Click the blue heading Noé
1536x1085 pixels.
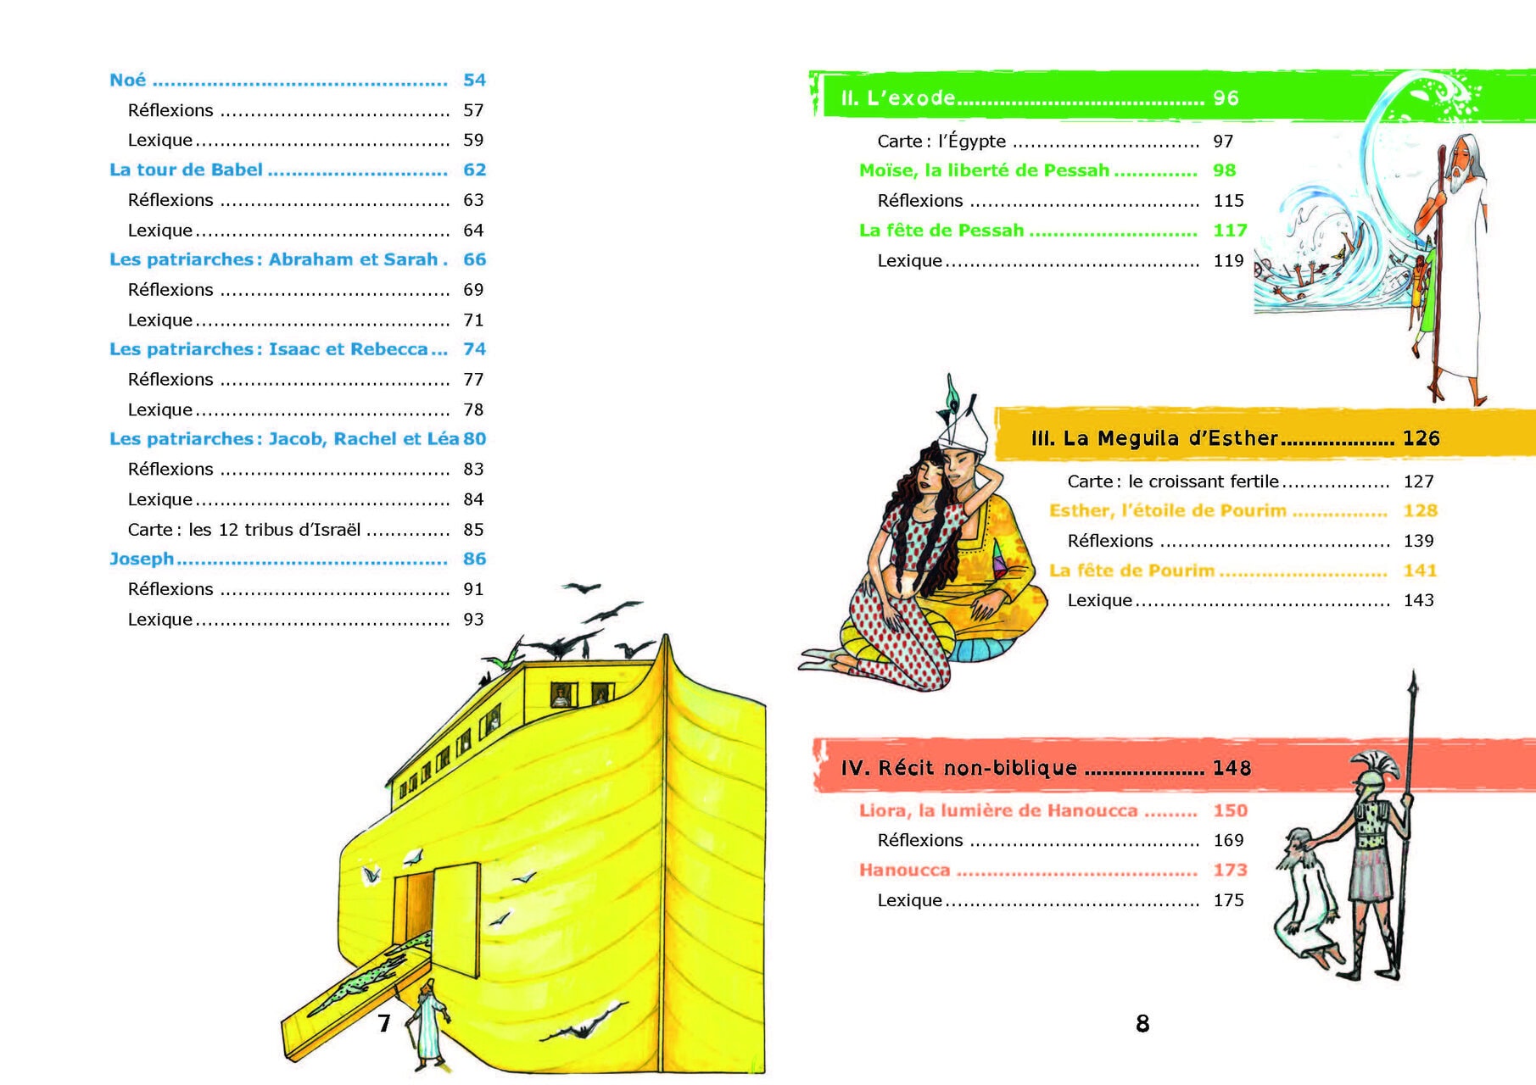(127, 80)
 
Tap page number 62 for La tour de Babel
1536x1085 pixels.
(474, 170)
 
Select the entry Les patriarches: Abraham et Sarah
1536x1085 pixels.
(274, 259)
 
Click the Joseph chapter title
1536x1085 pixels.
(142, 559)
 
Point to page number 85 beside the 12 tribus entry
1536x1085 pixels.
(473, 530)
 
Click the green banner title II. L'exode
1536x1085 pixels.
(897, 98)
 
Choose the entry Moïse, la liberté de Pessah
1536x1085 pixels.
(984, 170)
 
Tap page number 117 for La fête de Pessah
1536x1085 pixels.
(1230, 231)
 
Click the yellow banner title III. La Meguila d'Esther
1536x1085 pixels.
(1154, 438)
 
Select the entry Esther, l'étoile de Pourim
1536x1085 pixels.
(1168, 510)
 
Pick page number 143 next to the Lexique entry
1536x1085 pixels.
(1418, 600)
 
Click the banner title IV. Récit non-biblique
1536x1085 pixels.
(959, 768)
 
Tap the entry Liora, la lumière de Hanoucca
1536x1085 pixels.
(998, 810)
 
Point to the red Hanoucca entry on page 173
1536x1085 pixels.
(904, 870)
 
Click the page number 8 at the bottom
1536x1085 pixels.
(1142, 1024)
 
